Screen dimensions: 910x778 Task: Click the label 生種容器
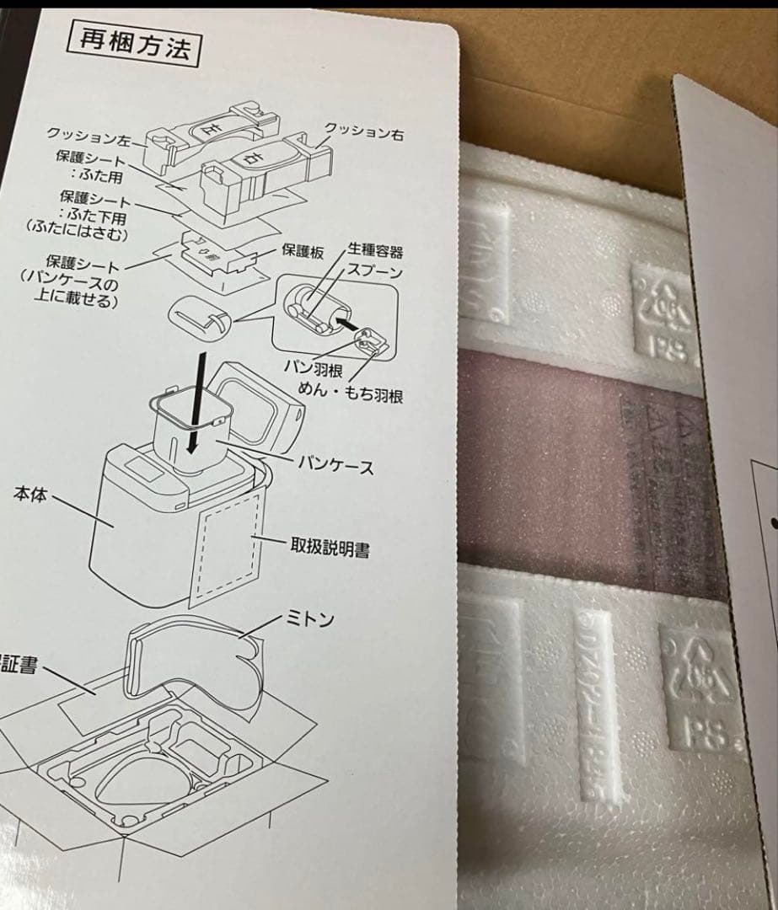coord(374,251)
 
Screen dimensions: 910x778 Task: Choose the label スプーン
coord(375,273)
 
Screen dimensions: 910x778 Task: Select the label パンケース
coord(335,466)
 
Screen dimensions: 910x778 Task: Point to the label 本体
coord(30,495)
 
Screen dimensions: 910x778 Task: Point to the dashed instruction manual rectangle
coord(226,548)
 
